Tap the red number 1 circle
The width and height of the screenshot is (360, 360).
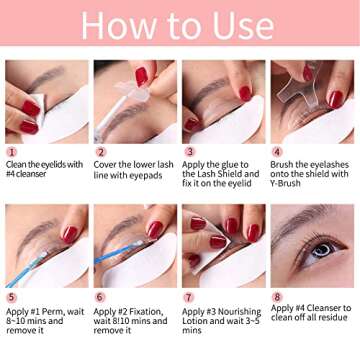11,152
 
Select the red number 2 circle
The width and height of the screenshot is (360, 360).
100,152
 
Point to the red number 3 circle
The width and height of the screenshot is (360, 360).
188,152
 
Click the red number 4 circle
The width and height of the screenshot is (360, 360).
277,152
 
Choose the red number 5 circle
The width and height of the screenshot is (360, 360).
11,297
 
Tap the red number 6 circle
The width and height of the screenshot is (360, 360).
100,297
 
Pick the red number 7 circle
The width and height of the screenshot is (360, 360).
188,297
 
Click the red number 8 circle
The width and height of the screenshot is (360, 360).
277,297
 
